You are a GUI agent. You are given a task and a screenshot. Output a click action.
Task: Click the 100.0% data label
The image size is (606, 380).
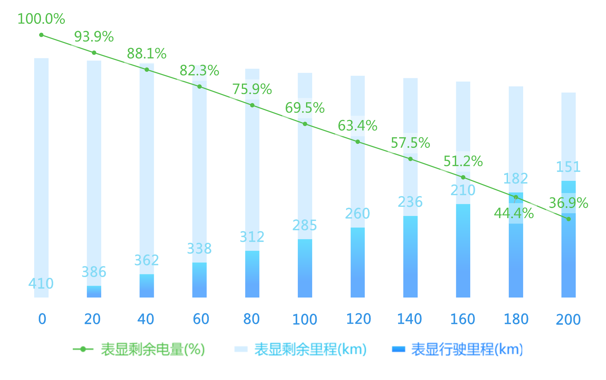[41, 19]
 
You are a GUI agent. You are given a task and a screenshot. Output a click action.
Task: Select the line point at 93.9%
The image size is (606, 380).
[94, 53]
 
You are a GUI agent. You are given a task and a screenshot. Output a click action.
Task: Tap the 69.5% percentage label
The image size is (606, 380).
[305, 108]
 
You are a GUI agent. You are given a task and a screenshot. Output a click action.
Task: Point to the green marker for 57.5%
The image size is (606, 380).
[410, 159]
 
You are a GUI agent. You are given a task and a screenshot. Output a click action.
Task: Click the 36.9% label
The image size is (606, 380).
[568, 203]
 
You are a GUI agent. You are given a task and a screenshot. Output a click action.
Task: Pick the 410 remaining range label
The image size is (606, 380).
[41, 283]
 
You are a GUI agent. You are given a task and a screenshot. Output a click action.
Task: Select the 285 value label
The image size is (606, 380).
[305, 225]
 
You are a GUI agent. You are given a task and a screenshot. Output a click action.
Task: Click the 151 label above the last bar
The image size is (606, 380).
[568, 167]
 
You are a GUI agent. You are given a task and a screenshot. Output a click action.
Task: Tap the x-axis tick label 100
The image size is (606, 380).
[305, 320]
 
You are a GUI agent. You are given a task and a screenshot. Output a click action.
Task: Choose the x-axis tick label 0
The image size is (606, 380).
[42, 319]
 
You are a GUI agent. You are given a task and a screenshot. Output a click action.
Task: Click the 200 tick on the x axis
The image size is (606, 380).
[568, 320]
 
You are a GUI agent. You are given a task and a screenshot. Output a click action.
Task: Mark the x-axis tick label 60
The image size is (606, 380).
[201, 319]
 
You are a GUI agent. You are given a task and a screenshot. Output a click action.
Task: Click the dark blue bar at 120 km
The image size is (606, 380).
[358, 263]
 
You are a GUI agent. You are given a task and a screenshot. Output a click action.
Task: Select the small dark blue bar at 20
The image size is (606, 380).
[94, 292]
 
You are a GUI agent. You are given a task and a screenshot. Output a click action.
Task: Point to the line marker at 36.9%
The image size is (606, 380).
[568, 219]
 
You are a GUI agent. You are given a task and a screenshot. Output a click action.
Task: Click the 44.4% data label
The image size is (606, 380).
[514, 213]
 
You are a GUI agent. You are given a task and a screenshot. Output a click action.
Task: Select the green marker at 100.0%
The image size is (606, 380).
[41, 35]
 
